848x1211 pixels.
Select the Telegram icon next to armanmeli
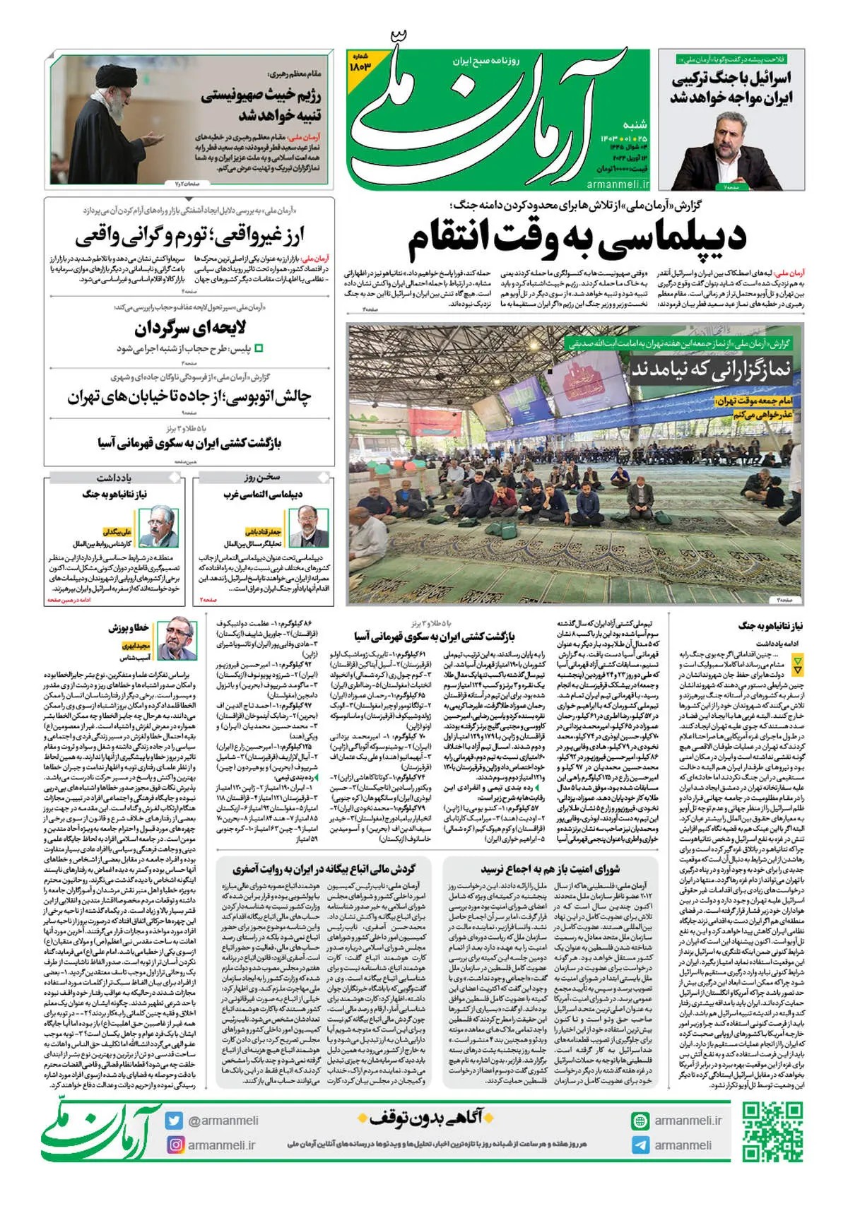point(640,1145)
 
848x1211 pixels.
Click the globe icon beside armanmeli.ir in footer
point(640,1121)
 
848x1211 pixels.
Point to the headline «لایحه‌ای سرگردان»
point(190,328)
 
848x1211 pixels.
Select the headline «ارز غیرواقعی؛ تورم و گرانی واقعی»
point(189,235)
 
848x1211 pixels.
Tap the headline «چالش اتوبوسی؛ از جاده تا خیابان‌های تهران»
point(189,397)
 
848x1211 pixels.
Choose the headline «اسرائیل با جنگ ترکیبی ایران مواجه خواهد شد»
point(731,88)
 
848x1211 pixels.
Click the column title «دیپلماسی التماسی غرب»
point(263,494)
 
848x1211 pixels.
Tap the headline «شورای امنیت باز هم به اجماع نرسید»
point(550,868)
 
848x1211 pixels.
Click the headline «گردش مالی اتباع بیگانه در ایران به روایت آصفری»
point(324,868)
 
